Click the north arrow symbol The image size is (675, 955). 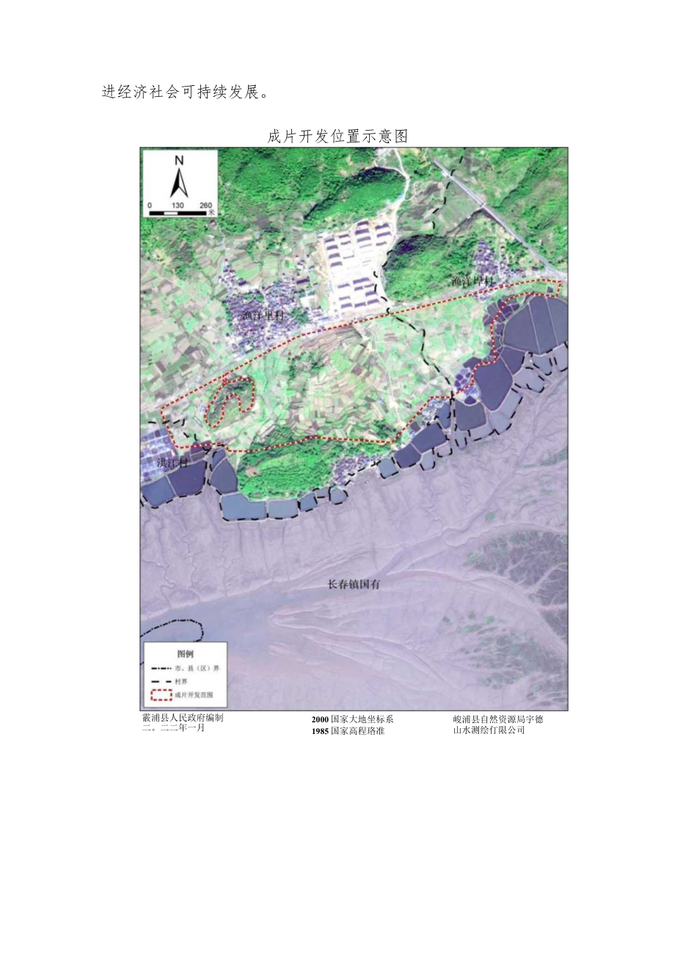coord(179,183)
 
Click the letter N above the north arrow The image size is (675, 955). coord(179,160)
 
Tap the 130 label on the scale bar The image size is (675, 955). coord(177,205)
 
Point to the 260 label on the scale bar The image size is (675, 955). coord(205,205)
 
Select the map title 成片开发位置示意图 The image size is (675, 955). coord(337,137)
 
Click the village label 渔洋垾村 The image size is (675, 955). coord(474,281)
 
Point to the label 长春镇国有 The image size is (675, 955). coord(355,584)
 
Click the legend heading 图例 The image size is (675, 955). coord(185,653)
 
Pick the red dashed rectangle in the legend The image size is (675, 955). coord(161,694)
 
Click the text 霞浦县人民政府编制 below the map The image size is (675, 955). coord(182,719)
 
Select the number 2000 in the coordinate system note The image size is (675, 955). coord(320,719)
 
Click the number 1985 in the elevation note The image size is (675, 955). coord(320,730)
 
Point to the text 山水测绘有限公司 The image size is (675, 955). coord(489,730)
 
